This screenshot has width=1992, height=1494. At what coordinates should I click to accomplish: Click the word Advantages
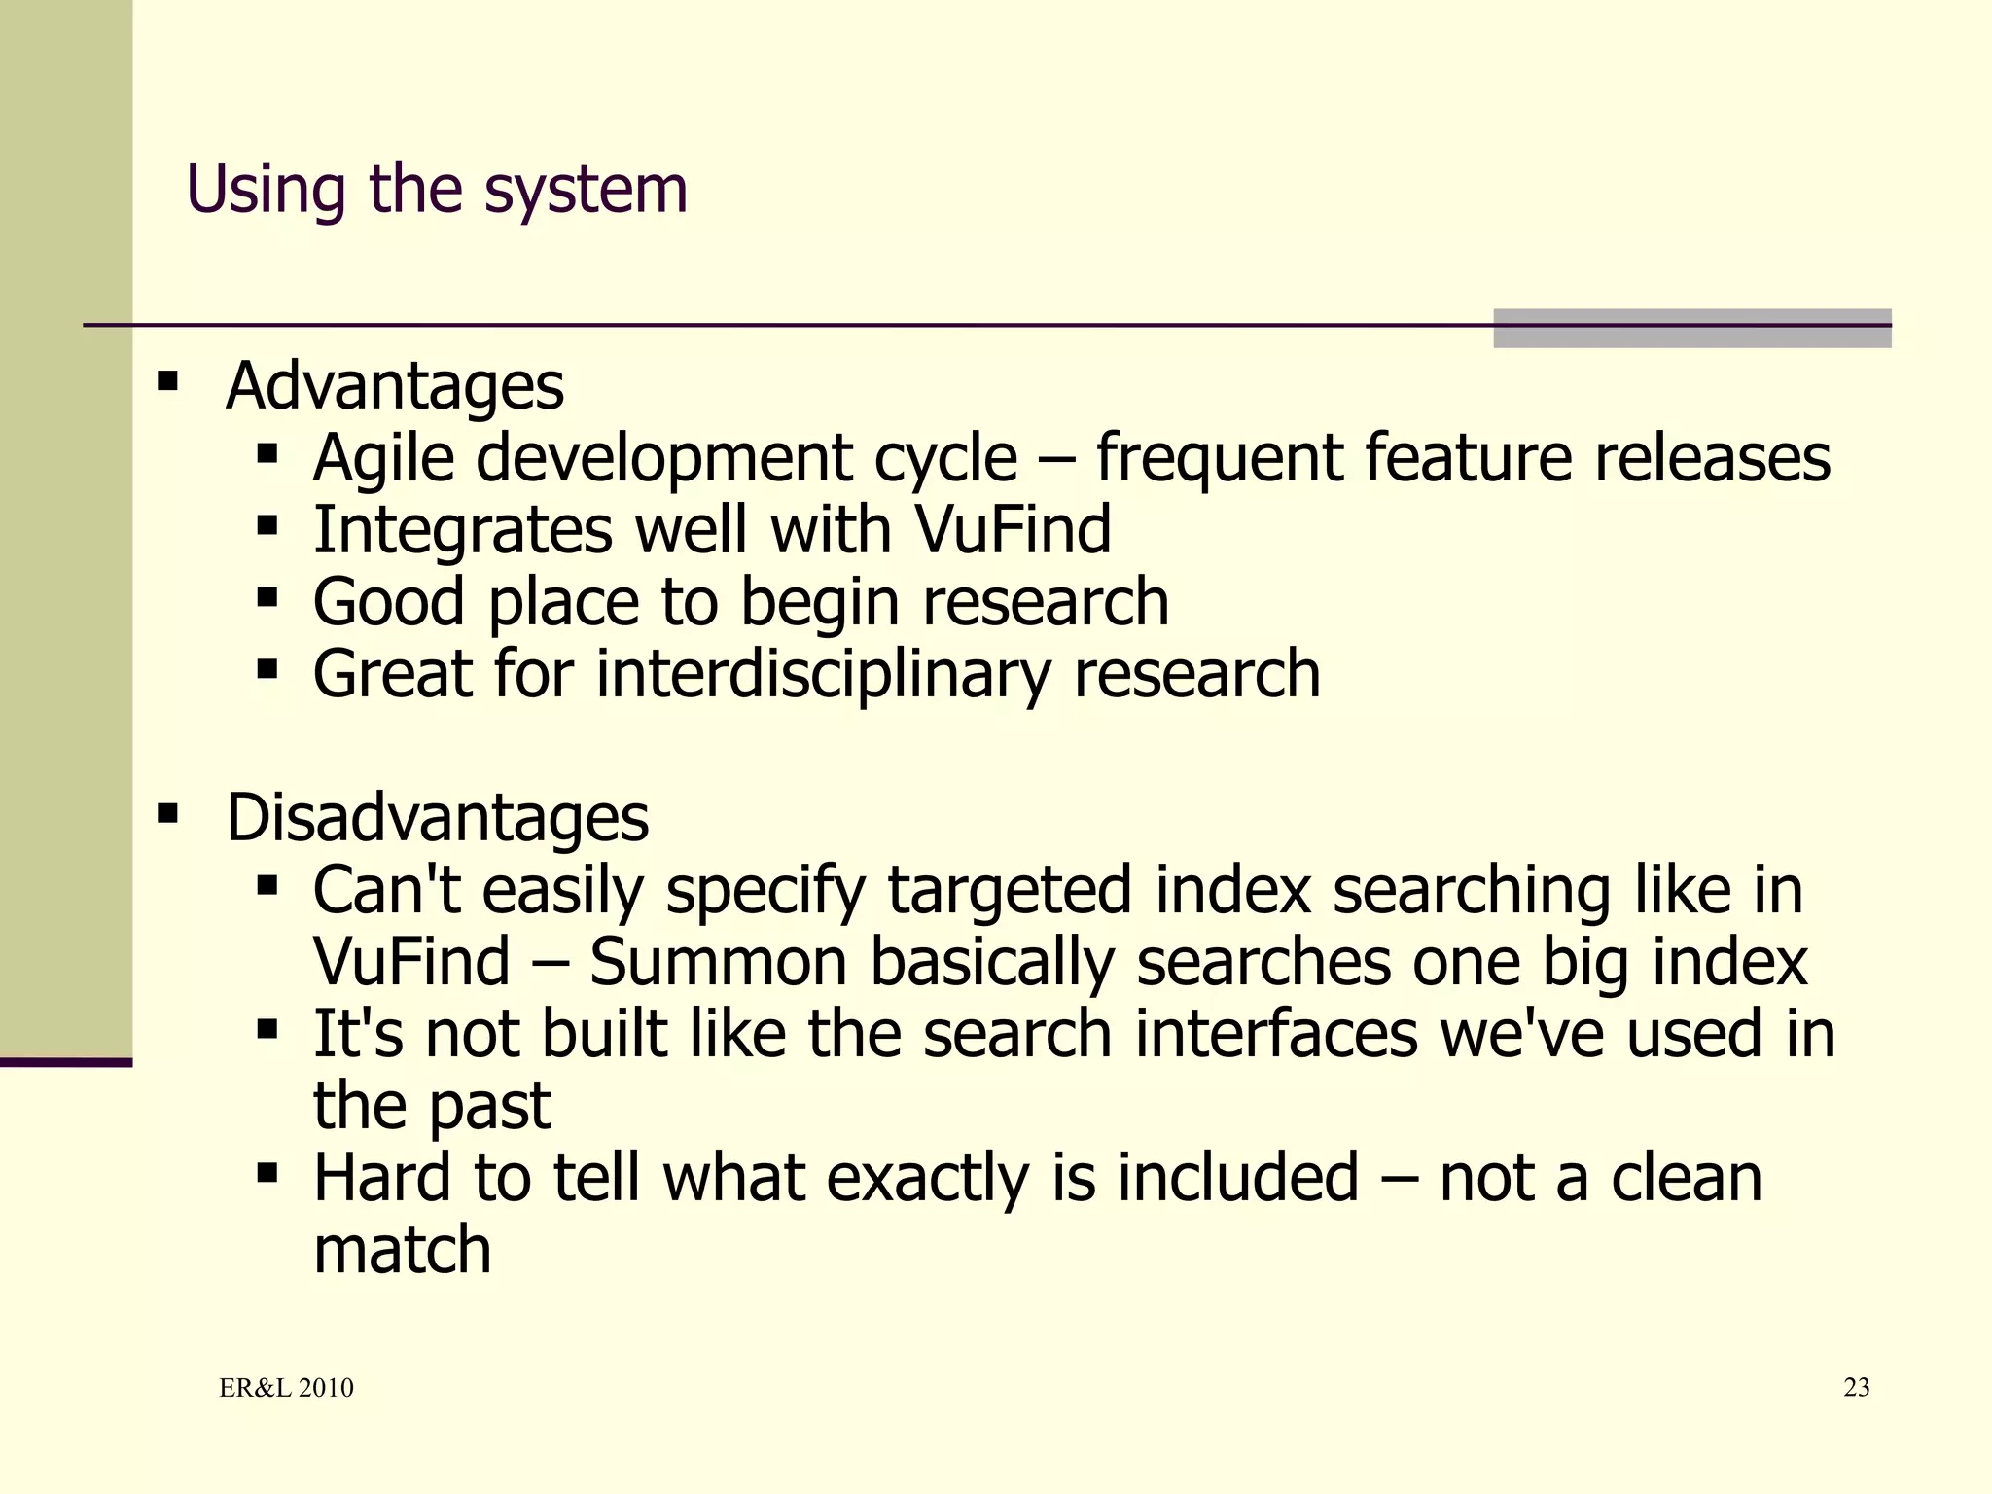click(x=394, y=386)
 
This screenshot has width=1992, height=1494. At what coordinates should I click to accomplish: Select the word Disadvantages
click(x=437, y=817)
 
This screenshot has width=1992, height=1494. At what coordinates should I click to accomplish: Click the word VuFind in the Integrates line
click(x=1012, y=531)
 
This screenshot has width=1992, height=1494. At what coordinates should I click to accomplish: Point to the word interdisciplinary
click(x=823, y=675)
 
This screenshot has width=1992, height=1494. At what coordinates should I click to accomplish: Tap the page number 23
click(x=1856, y=1387)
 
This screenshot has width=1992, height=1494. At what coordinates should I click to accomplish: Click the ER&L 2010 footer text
click(x=286, y=1388)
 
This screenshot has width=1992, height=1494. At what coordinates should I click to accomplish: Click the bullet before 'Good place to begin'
click(x=267, y=596)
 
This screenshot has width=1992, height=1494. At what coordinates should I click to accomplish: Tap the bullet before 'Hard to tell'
click(x=267, y=1172)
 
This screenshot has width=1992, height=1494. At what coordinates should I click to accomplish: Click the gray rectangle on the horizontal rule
click(x=1691, y=328)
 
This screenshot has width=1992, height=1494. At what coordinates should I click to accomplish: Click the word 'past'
click(x=489, y=1108)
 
